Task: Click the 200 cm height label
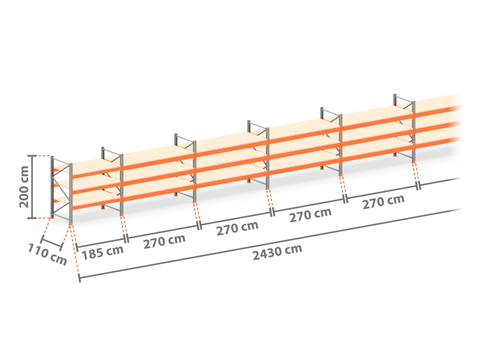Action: click(x=24, y=187)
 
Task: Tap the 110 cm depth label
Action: click(x=47, y=254)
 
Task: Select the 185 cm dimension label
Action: click(x=102, y=252)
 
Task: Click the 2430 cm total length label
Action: click(x=277, y=252)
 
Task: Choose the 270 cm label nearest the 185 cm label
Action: click(x=164, y=241)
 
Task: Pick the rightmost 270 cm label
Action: click(x=383, y=202)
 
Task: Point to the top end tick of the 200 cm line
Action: click(x=32, y=156)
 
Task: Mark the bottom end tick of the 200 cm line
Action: click(x=32, y=218)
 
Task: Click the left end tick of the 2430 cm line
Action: click(x=80, y=278)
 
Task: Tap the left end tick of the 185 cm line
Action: click(x=77, y=247)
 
